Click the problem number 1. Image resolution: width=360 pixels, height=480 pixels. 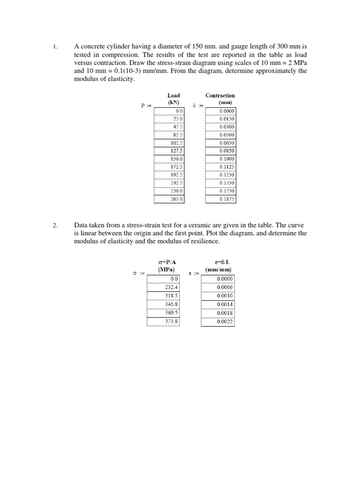click(x=54, y=46)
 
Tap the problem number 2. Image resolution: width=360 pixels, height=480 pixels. click(x=54, y=225)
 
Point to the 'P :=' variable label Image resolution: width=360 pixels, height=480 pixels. click(x=146, y=106)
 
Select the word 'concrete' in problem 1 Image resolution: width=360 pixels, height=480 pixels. click(x=90, y=46)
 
